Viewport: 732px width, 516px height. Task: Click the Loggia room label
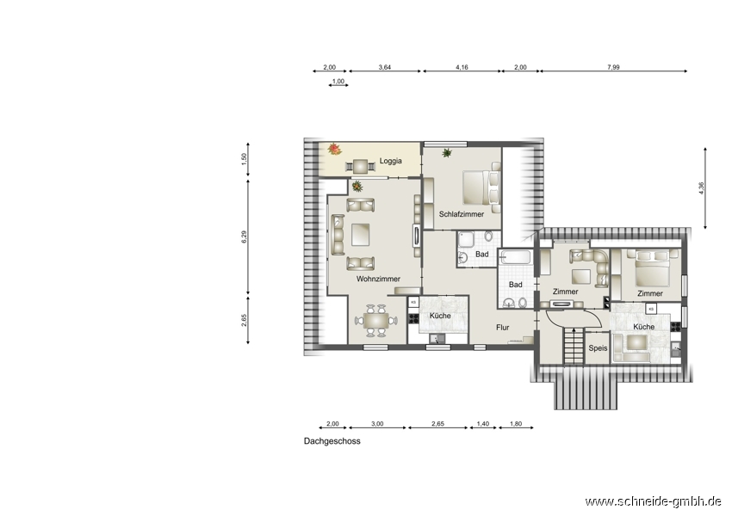point(390,162)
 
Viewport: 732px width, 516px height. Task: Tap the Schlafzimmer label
point(462,214)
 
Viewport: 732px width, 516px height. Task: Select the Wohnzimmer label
point(378,279)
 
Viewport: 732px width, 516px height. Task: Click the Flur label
point(502,328)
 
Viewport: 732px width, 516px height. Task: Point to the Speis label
point(598,348)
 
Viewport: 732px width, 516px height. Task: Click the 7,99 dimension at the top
point(613,67)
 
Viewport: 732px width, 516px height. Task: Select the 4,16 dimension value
point(462,67)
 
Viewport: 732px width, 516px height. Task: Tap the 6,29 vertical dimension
point(244,236)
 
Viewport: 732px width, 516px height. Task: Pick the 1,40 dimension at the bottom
point(483,424)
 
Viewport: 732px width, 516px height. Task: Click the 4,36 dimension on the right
point(701,187)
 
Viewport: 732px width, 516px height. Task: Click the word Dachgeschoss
point(332,441)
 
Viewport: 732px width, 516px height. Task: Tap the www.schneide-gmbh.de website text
point(654,501)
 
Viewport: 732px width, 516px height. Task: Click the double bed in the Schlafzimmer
point(481,187)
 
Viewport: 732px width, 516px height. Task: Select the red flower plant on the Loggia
point(334,149)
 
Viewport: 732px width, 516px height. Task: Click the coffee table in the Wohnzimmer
point(360,235)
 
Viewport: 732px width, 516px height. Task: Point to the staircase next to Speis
point(574,346)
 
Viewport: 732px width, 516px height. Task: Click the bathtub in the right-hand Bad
point(515,258)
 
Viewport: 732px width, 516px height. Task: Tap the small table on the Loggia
point(360,166)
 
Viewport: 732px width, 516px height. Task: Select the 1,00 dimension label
point(338,82)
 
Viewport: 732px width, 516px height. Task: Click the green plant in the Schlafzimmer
point(447,152)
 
